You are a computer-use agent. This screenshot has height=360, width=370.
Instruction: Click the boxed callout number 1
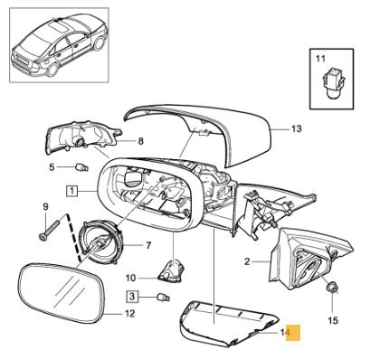[71, 191]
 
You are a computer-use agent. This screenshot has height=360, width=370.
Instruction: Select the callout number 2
[246, 261]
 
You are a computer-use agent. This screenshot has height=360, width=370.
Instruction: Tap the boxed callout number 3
[132, 297]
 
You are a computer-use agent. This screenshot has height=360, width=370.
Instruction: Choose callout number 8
[140, 141]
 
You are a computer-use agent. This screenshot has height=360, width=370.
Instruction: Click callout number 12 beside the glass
[129, 314]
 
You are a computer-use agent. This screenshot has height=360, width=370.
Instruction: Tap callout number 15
[331, 319]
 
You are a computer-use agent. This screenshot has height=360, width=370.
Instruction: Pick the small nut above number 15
[331, 289]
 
